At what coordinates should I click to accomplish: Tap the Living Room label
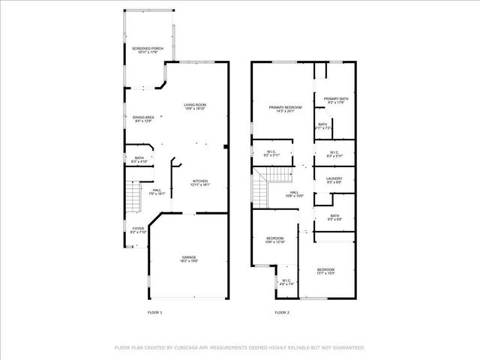coord(195,106)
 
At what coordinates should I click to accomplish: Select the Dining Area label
coord(143,118)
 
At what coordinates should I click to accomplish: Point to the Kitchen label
coord(200,182)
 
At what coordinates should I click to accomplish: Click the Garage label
coord(189,259)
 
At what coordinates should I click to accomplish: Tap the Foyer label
coord(138,229)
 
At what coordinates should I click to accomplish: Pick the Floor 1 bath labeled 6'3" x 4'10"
coord(139,159)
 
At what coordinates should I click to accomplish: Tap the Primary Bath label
coord(336,100)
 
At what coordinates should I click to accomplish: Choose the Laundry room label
coord(334,180)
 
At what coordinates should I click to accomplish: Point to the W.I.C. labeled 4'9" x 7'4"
coord(286,283)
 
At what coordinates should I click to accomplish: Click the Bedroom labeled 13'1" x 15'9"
coord(325,271)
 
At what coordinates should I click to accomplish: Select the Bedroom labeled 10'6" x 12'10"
coord(275,240)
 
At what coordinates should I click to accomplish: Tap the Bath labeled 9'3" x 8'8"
coord(334,217)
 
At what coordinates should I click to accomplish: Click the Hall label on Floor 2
coord(294,193)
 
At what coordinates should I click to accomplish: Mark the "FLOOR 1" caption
coord(154,311)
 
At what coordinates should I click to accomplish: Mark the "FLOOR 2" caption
coord(282,311)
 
